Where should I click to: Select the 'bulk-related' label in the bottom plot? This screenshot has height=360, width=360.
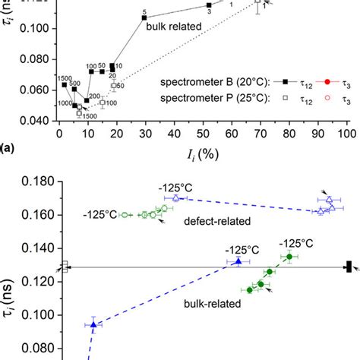tap(210, 303)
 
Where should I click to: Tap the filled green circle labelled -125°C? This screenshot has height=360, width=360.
tap(289, 257)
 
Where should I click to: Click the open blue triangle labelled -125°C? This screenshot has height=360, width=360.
tap(176, 198)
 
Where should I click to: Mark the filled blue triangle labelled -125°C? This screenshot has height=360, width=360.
tap(238, 261)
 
